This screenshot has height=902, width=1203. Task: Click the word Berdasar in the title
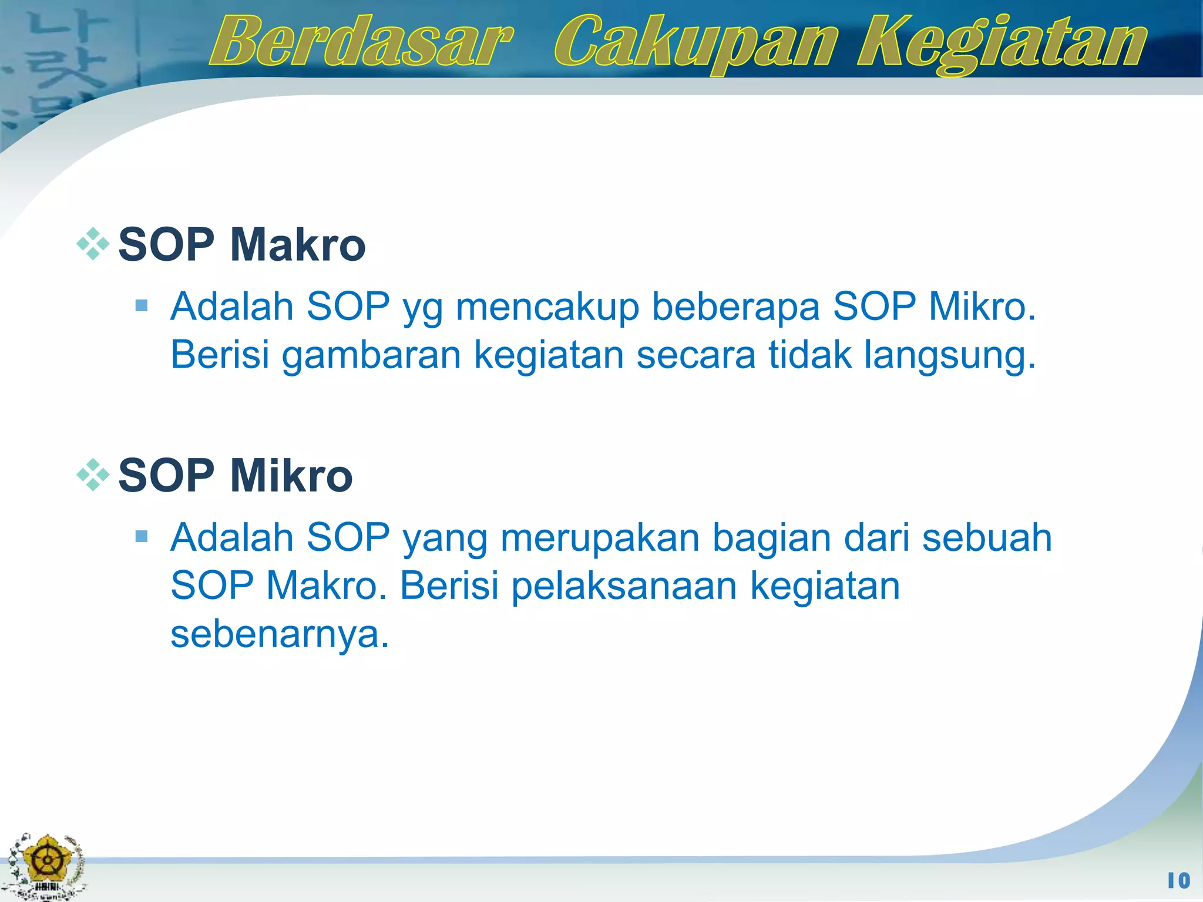(x=361, y=42)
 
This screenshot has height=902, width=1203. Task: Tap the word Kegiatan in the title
(x=1001, y=43)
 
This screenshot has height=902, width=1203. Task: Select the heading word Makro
(x=298, y=245)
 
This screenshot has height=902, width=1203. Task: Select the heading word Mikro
(x=291, y=476)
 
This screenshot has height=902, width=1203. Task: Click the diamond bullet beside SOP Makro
(x=93, y=244)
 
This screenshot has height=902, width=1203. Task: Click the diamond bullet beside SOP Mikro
(x=93, y=474)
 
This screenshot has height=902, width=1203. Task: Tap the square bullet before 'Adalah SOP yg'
(x=141, y=305)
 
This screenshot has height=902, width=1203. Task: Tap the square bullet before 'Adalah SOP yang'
(x=141, y=536)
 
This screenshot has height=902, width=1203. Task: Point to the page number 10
(x=1178, y=880)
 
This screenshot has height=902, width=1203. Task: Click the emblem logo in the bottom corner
(x=46, y=866)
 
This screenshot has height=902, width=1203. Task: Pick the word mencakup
(x=547, y=307)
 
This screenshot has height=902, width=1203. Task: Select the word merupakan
(x=600, y=538)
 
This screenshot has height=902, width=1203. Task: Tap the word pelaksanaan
(x=624, y=586)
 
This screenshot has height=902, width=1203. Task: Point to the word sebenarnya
(x=280, y=634)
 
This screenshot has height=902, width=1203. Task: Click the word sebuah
(x=987, y=538)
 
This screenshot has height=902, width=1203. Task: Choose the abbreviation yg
(x=422, y=308)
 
